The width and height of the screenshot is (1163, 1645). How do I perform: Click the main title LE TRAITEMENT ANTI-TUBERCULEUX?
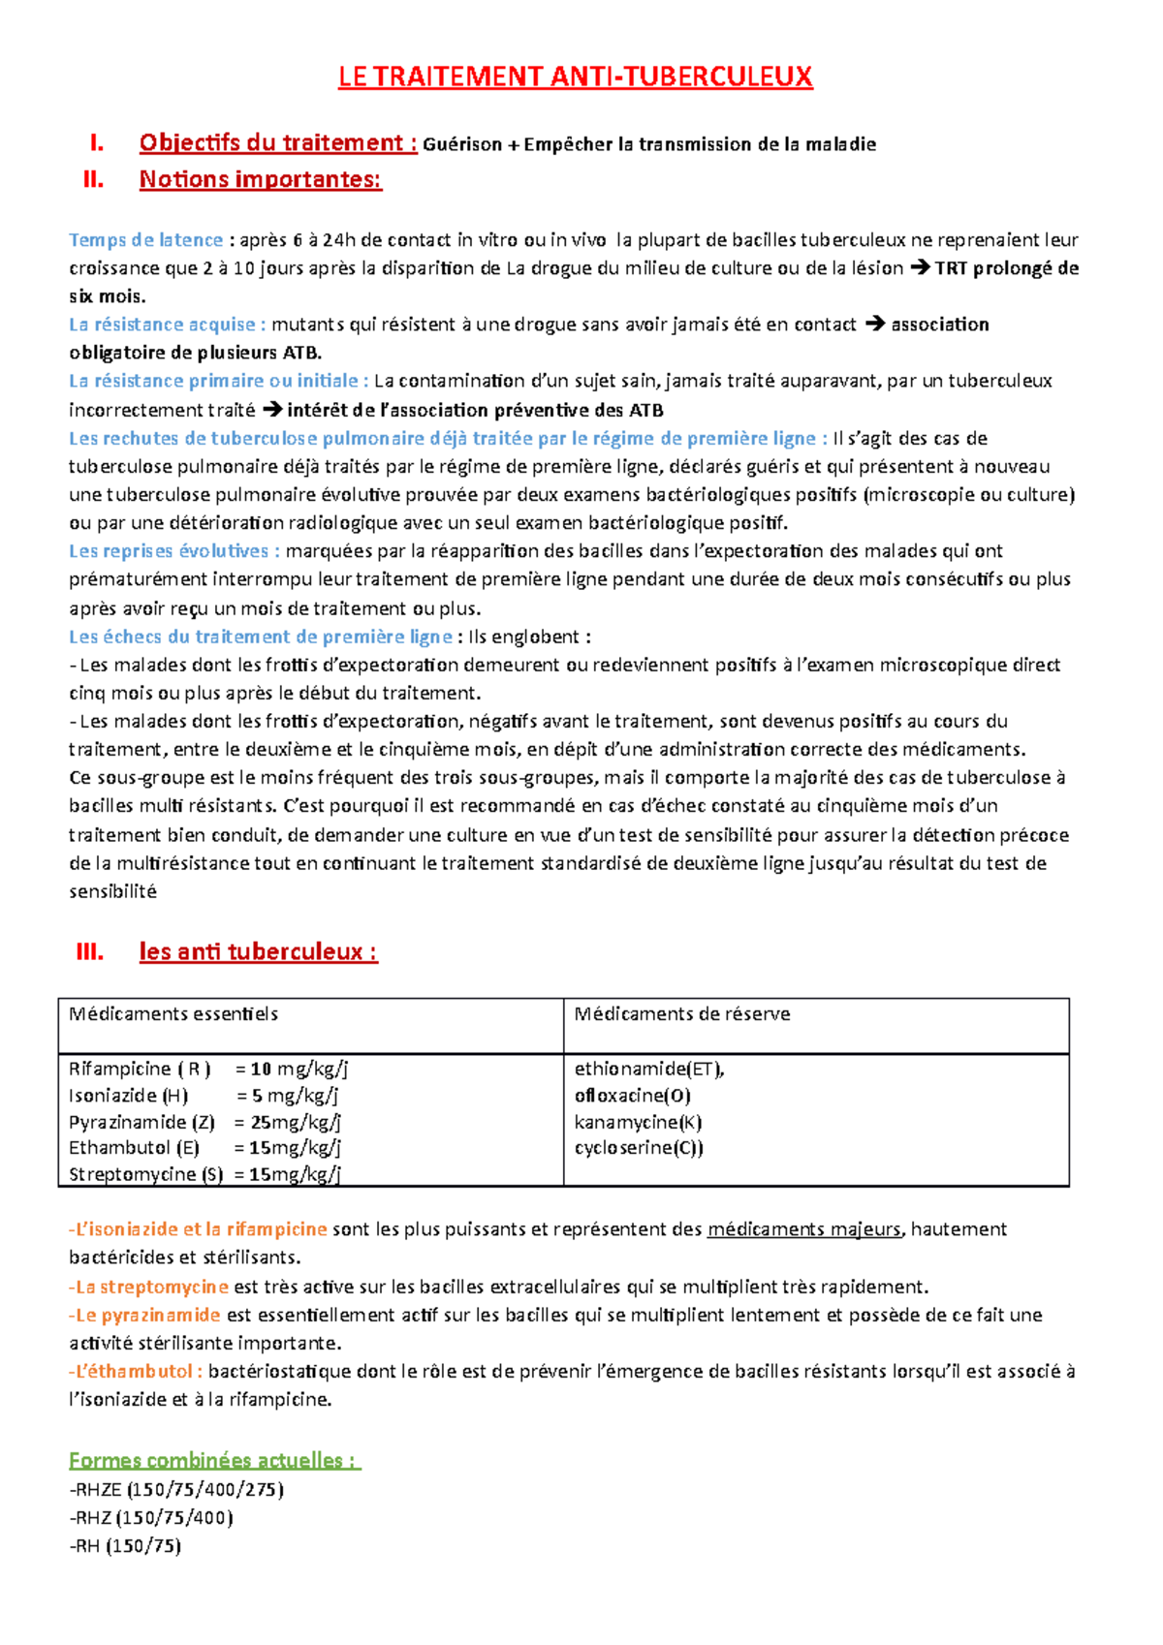click(575, 78)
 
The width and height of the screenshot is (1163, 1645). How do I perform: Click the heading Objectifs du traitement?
click(277, 143)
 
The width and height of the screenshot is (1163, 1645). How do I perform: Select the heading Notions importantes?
click(260, 179)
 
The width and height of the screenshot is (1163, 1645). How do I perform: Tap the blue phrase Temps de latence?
click(145, 240)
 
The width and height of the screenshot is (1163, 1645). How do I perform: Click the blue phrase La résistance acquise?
click(162, 325)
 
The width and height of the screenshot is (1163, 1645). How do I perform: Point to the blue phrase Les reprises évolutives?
click(173, 551)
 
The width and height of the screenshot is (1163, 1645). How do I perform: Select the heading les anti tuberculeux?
click(258, 951)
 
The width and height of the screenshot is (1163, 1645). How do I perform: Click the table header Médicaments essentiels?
click(173, 1014)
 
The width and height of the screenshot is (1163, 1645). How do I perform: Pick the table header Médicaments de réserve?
click(681, 1014)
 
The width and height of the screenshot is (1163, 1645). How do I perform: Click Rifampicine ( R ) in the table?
click(140, 1070)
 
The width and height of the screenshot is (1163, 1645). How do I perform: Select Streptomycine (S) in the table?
click(145, 1174)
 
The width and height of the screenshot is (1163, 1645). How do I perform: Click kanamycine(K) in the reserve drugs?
click(638, 1122)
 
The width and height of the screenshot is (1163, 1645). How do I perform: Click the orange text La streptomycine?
click(150, 1288)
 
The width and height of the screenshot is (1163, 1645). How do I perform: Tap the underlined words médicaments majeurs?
click(803, 1229)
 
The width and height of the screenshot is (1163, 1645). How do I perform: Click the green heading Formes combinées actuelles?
click(213, 1460)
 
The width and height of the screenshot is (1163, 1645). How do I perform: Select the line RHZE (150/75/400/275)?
click(177, 1490)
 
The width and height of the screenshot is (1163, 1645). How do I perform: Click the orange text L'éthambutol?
click(136, 1372)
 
